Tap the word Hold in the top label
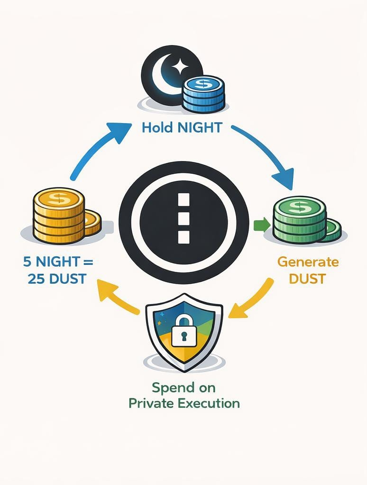pyautogui.click(x=158, y=128)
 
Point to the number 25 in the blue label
pyautogui.click(x=31, y=278)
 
